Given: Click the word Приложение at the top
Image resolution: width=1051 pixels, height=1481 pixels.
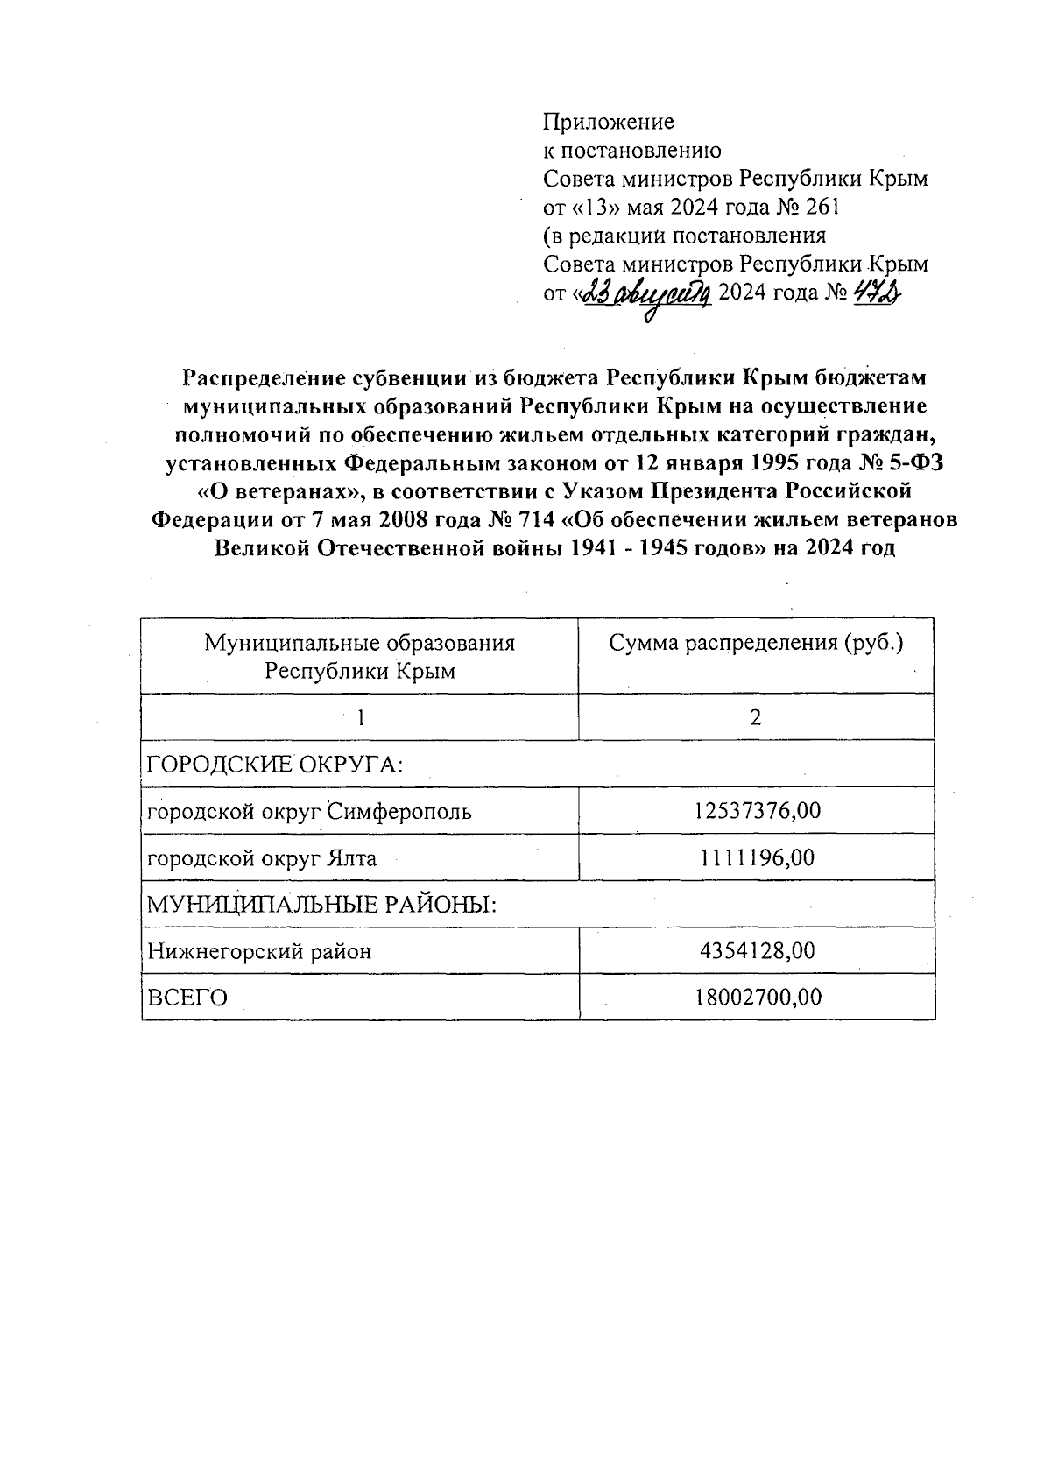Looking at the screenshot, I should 609,121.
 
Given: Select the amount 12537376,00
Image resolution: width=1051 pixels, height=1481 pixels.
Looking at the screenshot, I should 758,811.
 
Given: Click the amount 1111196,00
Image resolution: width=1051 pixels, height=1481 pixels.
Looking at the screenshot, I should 758,857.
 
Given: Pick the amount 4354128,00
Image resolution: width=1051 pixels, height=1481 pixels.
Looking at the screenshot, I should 758,950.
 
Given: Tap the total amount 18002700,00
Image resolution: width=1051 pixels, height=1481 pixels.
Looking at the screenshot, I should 758,997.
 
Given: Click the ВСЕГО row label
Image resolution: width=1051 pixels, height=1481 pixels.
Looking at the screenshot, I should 187,998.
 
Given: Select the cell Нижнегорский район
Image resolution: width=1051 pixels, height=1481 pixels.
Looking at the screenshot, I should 259,951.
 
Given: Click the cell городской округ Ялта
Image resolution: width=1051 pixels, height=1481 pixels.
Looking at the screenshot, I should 262,858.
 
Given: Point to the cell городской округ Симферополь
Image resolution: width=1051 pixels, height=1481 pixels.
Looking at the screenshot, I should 309,812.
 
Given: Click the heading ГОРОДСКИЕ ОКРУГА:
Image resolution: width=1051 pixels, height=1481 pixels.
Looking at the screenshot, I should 275,765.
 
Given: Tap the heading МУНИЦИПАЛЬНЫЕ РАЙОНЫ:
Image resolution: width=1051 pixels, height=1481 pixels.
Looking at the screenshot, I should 321,904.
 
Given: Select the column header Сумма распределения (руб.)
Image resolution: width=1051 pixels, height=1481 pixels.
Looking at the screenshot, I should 756,644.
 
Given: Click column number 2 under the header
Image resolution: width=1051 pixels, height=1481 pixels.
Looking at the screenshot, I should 756,717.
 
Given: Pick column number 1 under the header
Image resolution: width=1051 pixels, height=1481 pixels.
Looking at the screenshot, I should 360,717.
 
